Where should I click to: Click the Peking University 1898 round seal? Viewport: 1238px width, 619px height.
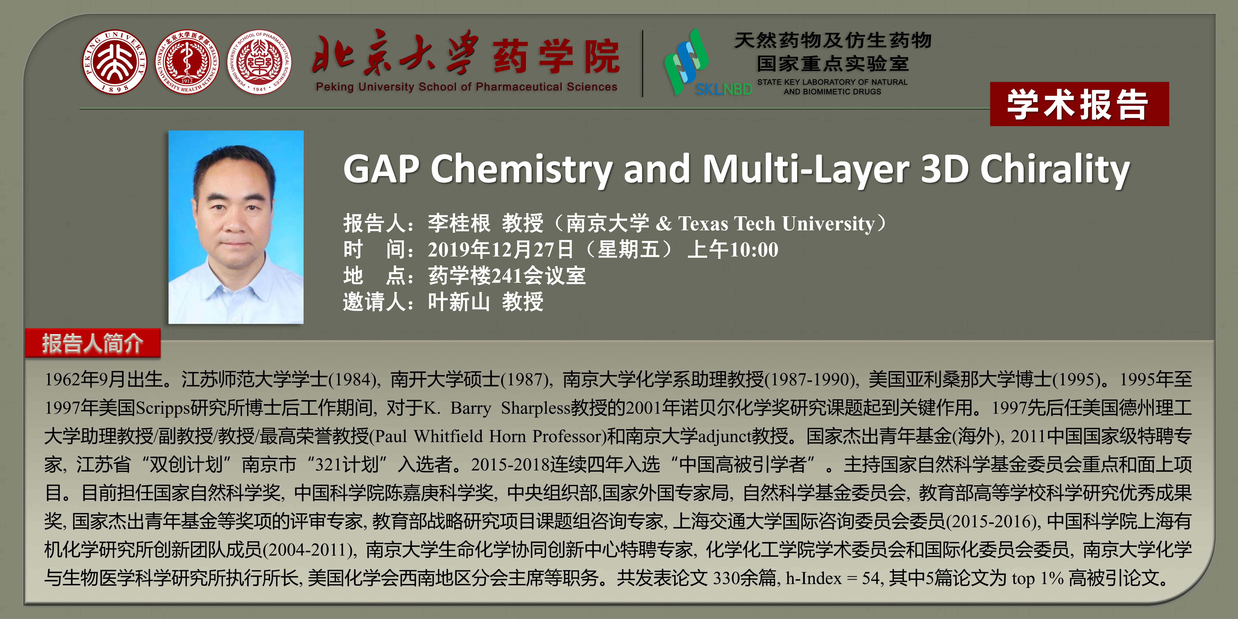tap(114, 62)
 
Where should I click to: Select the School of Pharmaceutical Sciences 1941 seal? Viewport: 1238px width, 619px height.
tap(259, 62)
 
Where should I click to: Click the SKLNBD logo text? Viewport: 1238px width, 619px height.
tap(723, 89)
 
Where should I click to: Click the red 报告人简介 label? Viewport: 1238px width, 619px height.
tap(93, 343)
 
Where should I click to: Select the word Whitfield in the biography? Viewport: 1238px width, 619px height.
tap(448, 436)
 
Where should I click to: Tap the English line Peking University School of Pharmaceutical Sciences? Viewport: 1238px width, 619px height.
tap(466, 87)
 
